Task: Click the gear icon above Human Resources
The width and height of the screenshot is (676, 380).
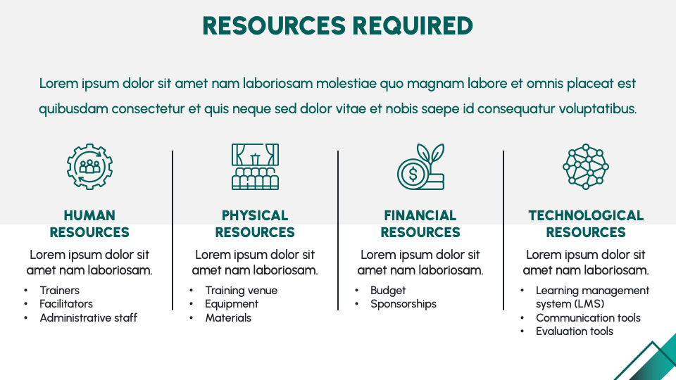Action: (89, 166)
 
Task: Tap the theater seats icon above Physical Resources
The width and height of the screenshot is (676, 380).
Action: (255, 167)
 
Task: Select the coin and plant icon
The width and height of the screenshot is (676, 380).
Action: (421, 167)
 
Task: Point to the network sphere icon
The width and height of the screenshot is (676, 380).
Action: (586, 167)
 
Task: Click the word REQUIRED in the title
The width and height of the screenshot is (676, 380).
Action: (413, 25)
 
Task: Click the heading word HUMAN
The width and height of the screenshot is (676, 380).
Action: (89, 215)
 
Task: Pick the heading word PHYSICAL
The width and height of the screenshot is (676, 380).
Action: (255, 215)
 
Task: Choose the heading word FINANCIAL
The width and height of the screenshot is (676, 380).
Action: (420, 215)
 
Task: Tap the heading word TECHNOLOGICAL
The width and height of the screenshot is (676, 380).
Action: (586, 215)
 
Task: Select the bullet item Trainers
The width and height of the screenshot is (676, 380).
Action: (59, 291)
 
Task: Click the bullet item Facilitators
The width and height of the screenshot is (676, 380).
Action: (66, 304)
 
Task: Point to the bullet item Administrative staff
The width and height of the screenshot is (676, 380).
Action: (89, 317)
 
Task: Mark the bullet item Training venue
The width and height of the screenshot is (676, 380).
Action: (242, 291)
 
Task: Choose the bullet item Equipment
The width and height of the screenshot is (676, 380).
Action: (232, 304)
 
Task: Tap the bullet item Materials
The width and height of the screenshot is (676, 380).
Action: (228, 317)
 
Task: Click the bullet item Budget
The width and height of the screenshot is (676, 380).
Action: (388, 291)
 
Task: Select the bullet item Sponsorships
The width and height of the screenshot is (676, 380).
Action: (403, 304)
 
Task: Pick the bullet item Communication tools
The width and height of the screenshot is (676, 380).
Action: (588, 317)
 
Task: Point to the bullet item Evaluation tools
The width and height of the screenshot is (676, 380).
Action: (575, 331)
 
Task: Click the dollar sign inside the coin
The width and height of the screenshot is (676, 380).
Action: (413, 174)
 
